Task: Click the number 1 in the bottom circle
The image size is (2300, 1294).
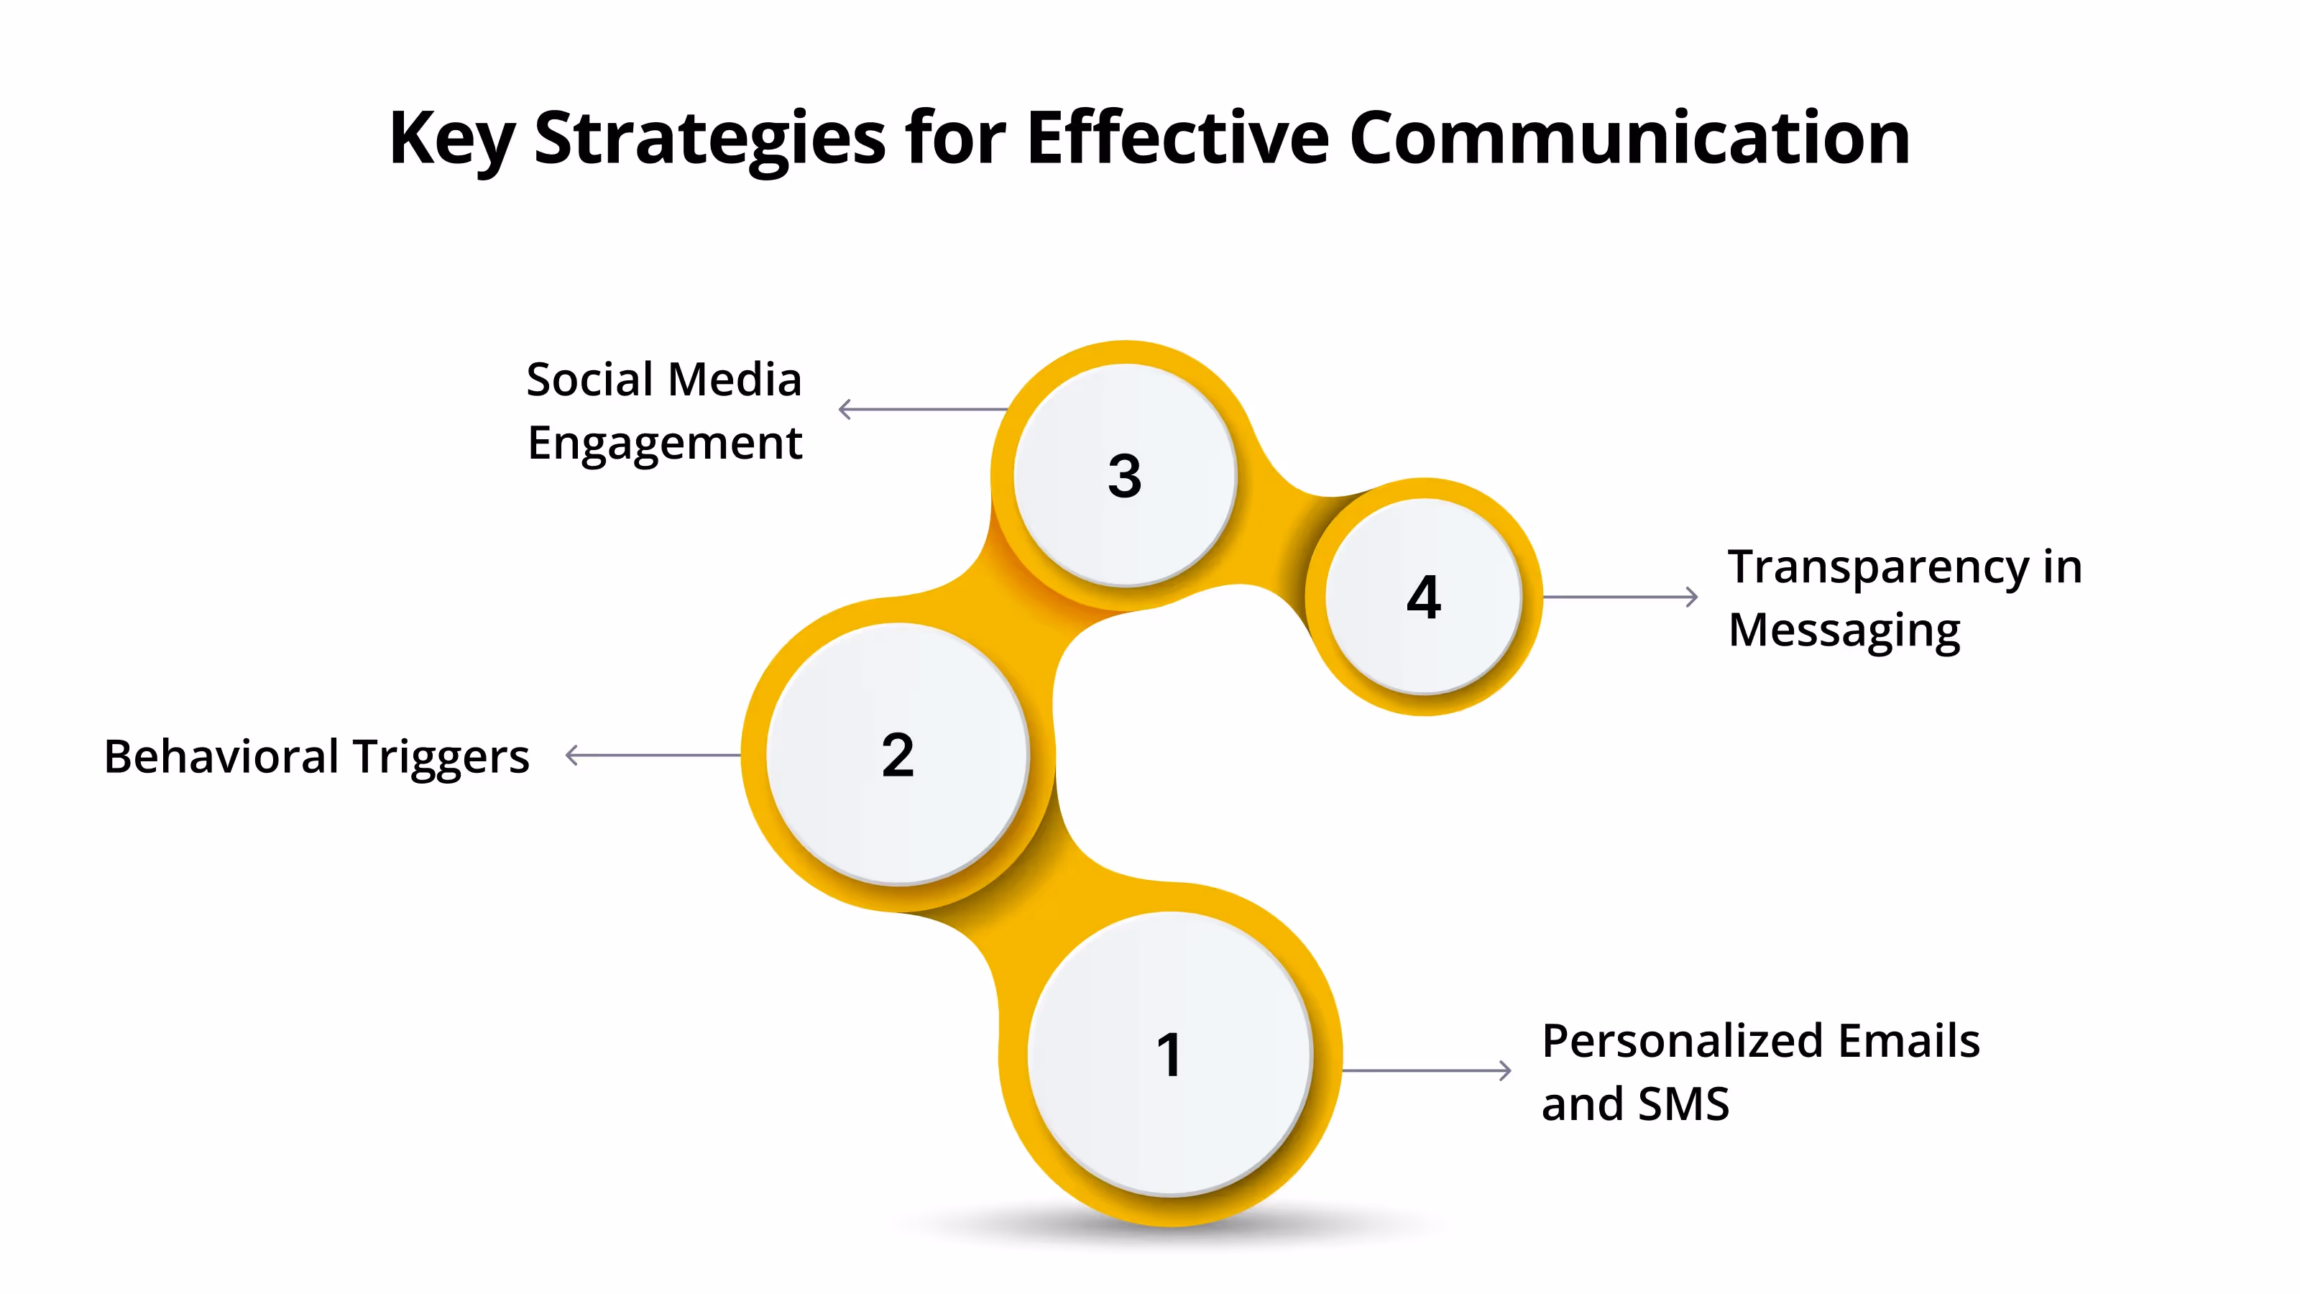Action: tap(1169, 1055)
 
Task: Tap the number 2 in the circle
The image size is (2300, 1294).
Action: tap(897, 756)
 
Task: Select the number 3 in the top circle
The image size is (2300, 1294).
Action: tap(1124, 475)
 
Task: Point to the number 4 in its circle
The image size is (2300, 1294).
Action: tap(1423, 597)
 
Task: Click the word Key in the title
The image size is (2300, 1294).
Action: tap(451, 139)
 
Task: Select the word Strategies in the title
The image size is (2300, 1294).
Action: tap(710, 139)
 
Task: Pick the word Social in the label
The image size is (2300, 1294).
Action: tap(589, 380)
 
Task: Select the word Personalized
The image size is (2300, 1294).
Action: tap(1682, 1041)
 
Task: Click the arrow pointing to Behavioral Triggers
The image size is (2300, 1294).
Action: tap(653, 756)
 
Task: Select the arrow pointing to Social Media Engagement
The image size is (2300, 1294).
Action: tap(923, 409)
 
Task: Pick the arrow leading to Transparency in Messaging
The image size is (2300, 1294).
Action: tap(1619, 597)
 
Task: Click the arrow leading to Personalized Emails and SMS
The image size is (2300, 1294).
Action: tap(1426, 1070)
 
